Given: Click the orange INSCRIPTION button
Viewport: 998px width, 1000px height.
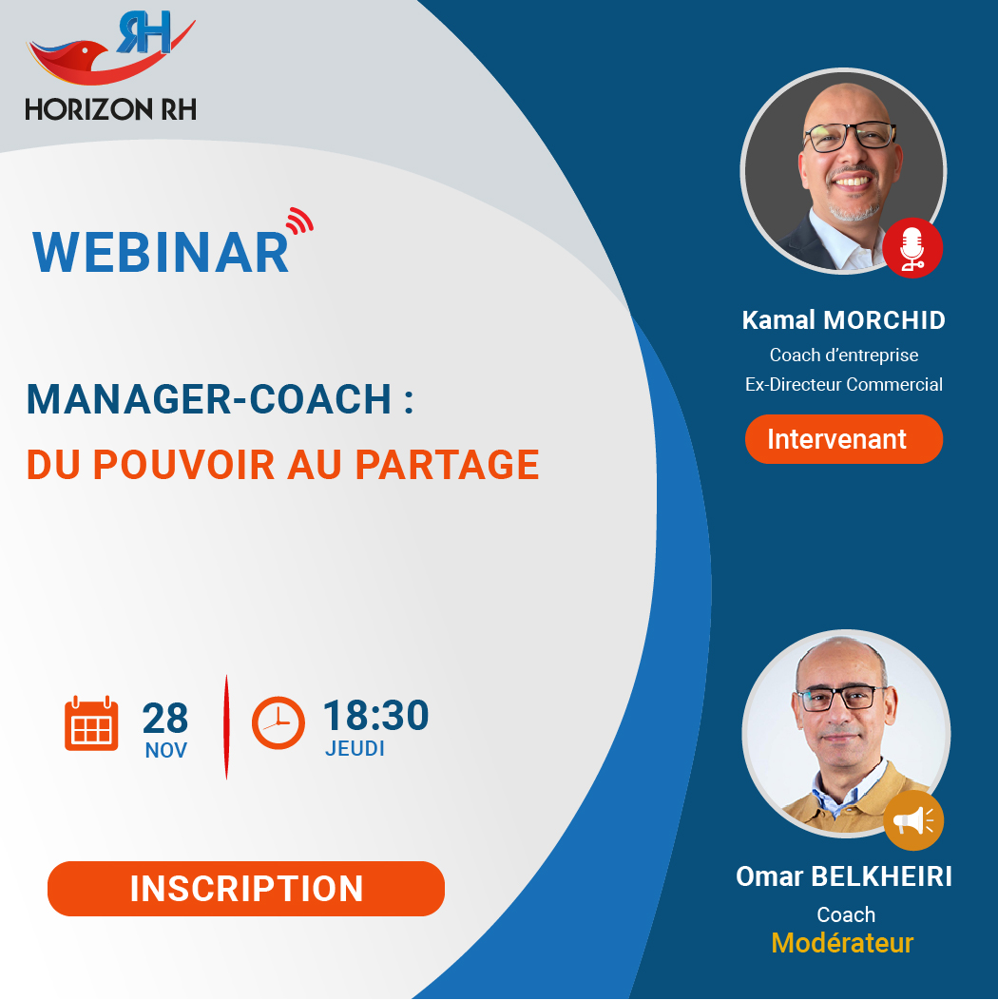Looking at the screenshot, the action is pyautogui.click(x=246, y=889).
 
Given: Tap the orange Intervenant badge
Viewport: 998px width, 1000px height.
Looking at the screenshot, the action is pyautogui.click(x=844, y=439).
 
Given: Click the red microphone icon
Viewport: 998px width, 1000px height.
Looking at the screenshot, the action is pyautogui.click(x=912, y=248).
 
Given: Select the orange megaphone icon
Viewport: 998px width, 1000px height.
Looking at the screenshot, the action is pyautogui.click(x=913, y=820).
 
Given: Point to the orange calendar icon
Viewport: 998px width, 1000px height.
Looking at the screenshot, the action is pyautogui.click(x=91, y=723).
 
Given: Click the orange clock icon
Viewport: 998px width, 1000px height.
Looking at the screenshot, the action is pyautogui.click(x=278, y=722).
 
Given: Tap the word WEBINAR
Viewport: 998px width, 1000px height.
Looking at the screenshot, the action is pyautogui.click(x=161, y=253).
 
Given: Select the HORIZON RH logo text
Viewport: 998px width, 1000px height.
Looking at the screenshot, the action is pyautogui.click(x=110, y=109).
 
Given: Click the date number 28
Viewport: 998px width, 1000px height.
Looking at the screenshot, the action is pyautogui.click(x=165, y=718).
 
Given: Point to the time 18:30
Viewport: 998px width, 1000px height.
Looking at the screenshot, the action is pyautogui.click(x=375, y=715).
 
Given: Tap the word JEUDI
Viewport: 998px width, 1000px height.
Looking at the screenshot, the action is pyautogui.click(x=355, y=749).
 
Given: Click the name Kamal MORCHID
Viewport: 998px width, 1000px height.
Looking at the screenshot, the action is pyautogui.click(x=844, y=320).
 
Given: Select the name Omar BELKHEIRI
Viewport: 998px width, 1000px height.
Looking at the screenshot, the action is pyautogui.click(x=844, y=877).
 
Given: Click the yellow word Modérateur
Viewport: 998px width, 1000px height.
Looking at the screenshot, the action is pyautogui.click(x=842, y=943).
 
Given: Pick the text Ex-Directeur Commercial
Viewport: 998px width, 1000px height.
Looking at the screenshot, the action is pyautogui.click(x=844, y=385).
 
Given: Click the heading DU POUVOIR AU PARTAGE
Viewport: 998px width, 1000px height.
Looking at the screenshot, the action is pyautogui.click(x=282, y=464).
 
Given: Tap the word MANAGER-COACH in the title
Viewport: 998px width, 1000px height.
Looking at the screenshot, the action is pyautogui.click(x=208, y=399).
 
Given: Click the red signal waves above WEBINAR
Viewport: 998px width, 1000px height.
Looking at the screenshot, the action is pyautogui.click(x=299, y=221).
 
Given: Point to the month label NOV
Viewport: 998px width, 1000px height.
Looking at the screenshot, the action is pyautogui.click(x=165, y=751).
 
